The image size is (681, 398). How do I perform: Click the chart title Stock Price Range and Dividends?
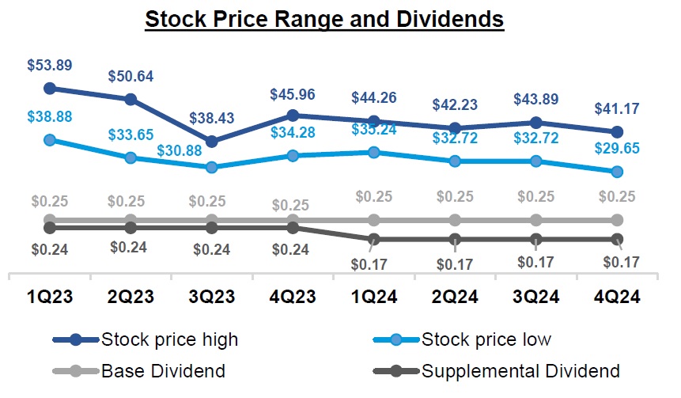click(324, 18)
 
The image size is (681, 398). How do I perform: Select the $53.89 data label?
click(49, 65)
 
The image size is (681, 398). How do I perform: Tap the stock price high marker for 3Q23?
click(212, 142)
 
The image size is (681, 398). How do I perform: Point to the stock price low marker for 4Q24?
click(617, 172)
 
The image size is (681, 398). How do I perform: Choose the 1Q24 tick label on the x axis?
click(373, 297)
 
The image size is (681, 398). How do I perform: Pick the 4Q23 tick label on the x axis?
click(293, 297)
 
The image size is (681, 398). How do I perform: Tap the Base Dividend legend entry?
click(138, 370)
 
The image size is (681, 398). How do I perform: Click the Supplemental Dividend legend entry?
click(495, 370)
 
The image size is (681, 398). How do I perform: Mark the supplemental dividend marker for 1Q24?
click(374, 239)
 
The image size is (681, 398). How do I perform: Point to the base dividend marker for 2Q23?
click(131, 220)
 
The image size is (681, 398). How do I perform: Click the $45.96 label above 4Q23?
click(293, 94)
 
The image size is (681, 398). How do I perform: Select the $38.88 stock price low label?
click(49, 116)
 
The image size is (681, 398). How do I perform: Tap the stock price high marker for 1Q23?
click(50, 88)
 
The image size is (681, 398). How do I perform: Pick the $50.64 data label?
click(131, 77)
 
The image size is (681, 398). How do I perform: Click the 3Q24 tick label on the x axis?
click(535, 297)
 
